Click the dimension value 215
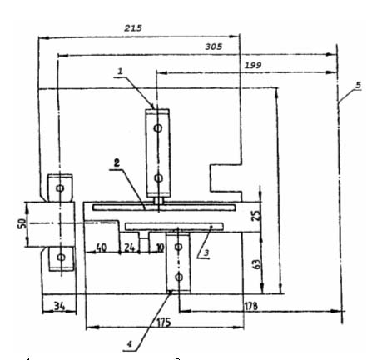pyautogui.click(x=133, y=27)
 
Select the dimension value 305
pyautogui.click(x=214, y=47)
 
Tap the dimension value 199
pyautogui.click(x=253, y=65)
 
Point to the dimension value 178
pyautogui.click(x=251, y=306)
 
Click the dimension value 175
pyautogui.click(x=164, y=322)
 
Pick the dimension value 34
pyautogui.click(x=59, y=306)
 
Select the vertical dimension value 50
pyautogui.click(x=22, y=223)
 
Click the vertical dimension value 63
pyautogui.click(x=257, y=264)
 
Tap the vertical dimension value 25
pyautogui.click(x=256, y=216)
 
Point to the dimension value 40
pyautogui.click(x=101, y=247)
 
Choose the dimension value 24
pyautogui.click(x=129, y=247)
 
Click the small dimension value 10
pyautogui.click(x=160, y=247)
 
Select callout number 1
pyautogui.click(x=120, y=72)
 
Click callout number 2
pyautogui.click(x=117, y=162)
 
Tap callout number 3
pyautogui.click(x=206, y=252)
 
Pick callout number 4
pyautogui.click(x=130, y=344)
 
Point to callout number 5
pyautogui.click(x=358, y=85)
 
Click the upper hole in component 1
pyautogui.click(x=158, y=128)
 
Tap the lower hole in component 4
pyautogui.click(x=179, y=277)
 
